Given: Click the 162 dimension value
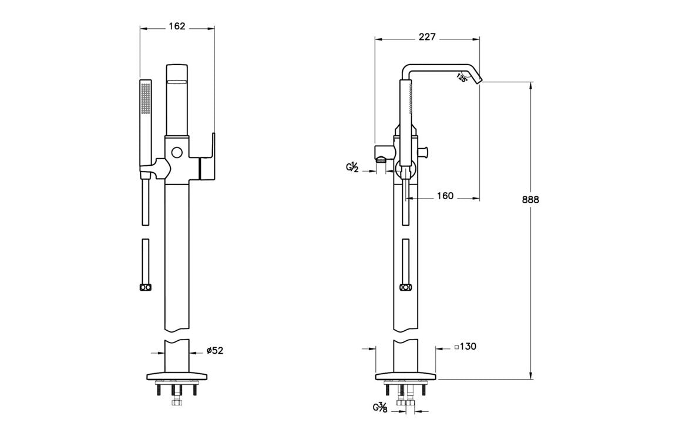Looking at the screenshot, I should (177, 26).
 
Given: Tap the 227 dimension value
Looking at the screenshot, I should (427, 37).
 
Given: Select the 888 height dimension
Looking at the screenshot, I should (530, 199).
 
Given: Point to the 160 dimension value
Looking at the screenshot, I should (445, 196).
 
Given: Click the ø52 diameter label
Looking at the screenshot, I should (215, 351).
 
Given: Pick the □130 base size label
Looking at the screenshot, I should (465, 347).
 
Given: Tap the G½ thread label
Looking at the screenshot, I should (352, 168).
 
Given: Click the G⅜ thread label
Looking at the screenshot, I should (379, 407).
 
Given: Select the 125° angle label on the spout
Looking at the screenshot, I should (462, 78).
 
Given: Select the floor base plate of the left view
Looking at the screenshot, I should (176, 375).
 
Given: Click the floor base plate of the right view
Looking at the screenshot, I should (405, 375).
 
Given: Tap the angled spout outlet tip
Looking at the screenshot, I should (479, 79).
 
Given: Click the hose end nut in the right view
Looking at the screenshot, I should (405, 287).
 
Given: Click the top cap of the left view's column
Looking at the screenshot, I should (177, 73).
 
